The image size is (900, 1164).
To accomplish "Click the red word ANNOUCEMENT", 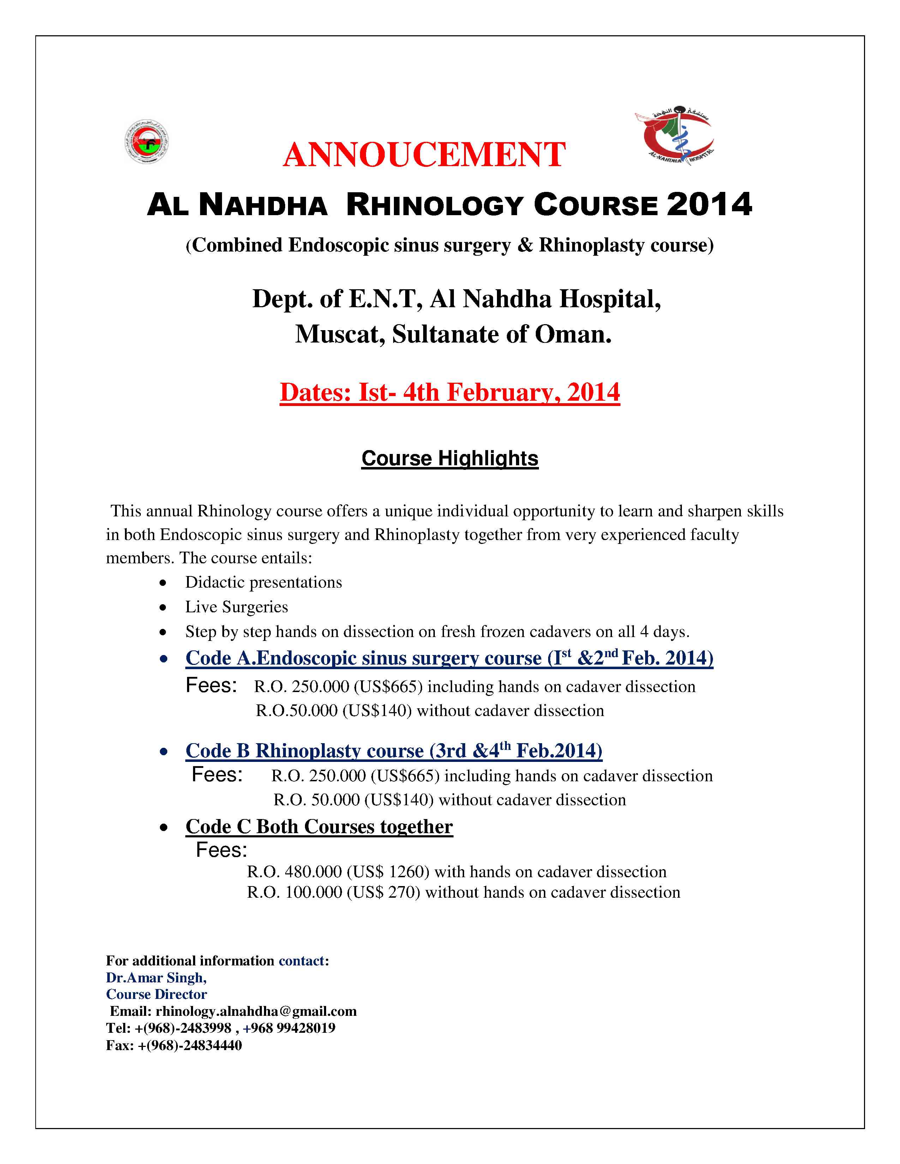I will (x=424, y=155).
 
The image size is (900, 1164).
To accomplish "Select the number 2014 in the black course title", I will (x=709, y=205).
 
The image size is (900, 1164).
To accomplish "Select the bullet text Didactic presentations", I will (x=263, y=582).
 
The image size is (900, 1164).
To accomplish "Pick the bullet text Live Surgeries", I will (x=236, y=607).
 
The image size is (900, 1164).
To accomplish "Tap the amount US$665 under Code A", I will (x=388, y=686).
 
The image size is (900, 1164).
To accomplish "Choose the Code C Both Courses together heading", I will (x=319, y=827).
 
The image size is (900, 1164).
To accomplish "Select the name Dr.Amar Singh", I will (x=156, y=977).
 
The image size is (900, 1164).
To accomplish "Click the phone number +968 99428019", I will (x=289, y=1028).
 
